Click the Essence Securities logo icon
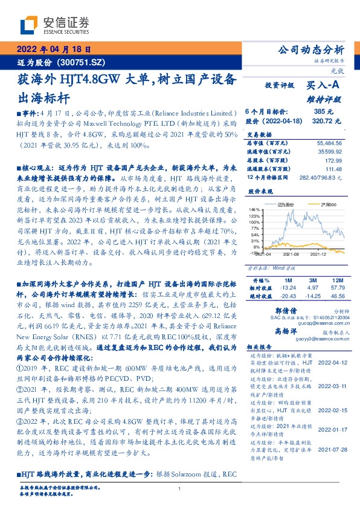tap(28, 25)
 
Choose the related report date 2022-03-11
tap(331, 385)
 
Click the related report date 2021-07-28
tap(331, 449)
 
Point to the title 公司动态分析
tap(309, 50)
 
